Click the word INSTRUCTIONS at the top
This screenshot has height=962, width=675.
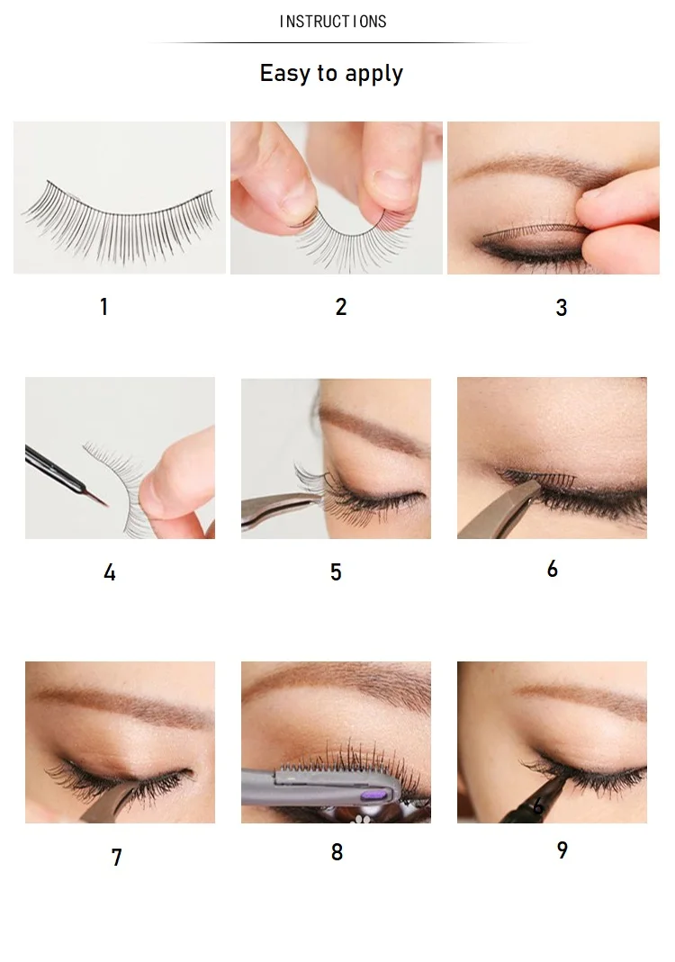click(333, 22)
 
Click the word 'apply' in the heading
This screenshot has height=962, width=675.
click(373, 75)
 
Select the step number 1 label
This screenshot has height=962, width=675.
click(104, 306)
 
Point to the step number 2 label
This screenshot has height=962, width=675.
click(341, 307)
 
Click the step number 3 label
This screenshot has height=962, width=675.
click(562, 308)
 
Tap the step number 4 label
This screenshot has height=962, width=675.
click(109, 572)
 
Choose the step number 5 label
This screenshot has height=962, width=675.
click(336, 571)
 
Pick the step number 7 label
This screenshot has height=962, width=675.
click(117, 857)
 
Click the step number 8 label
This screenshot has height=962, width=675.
click(337, 851)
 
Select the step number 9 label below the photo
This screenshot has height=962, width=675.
click(562, 850)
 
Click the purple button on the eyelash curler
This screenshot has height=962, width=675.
click(373, 796)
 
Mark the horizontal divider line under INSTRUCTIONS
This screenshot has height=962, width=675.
click(337, 43)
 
